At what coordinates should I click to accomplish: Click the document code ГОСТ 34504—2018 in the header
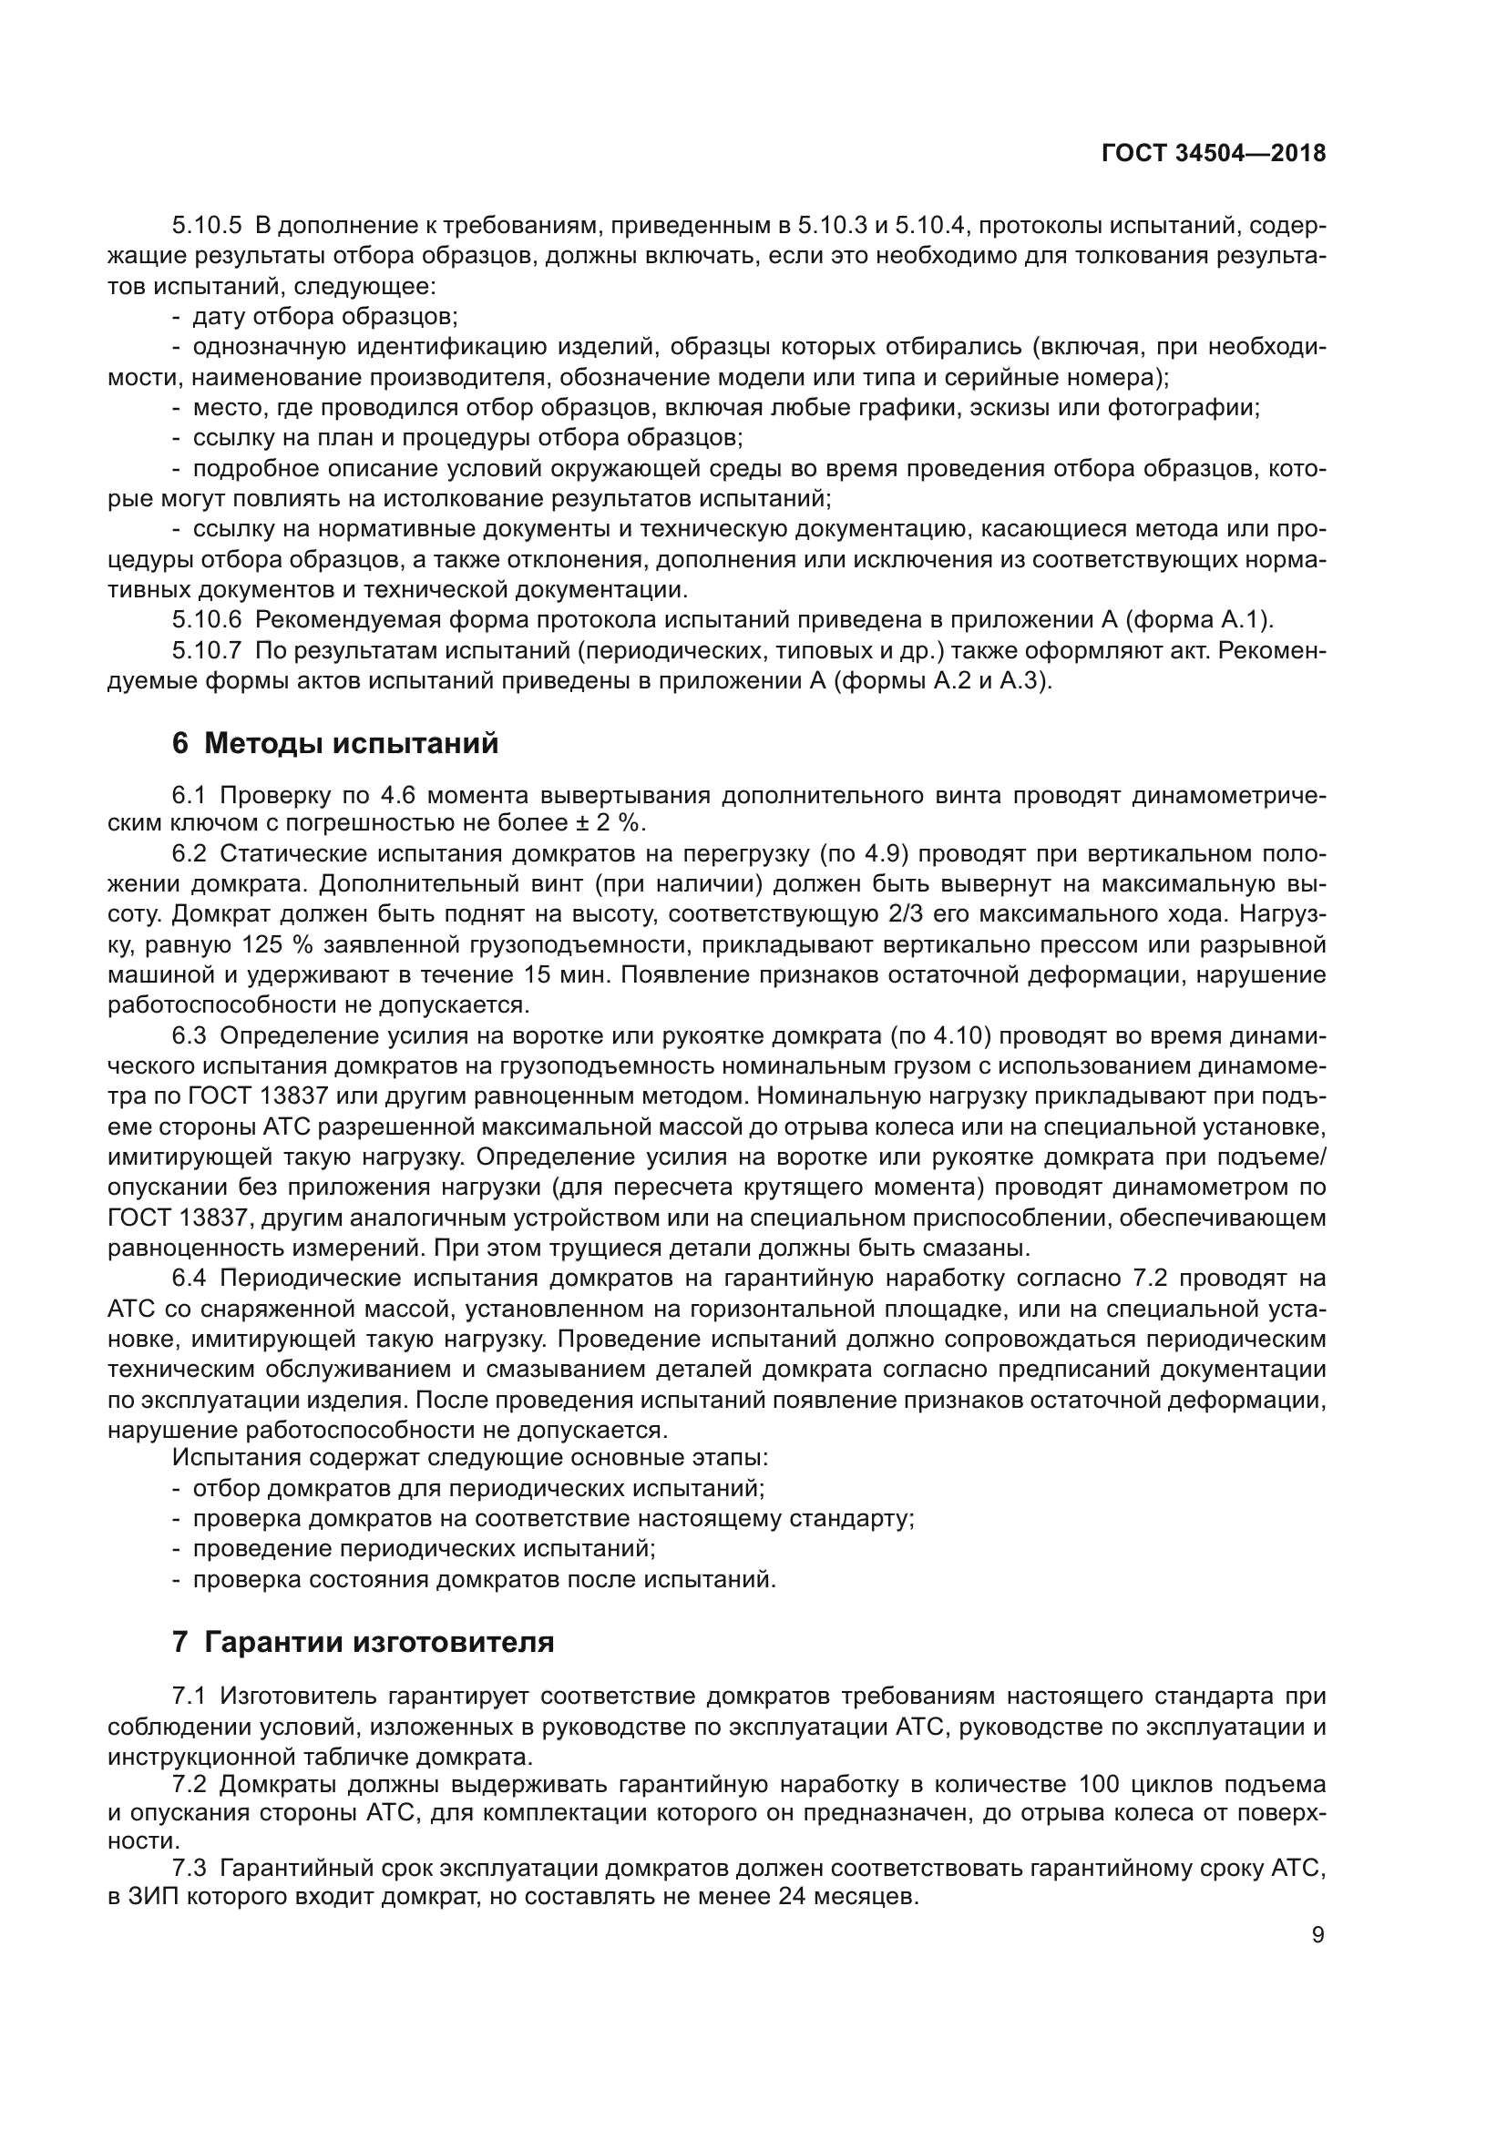(x=1213, y=154)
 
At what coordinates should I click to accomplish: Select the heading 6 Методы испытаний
(x=335, y=743)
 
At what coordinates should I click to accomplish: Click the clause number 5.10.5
(x=206, y=226)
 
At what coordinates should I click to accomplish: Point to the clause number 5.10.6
(x=206, y=618)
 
